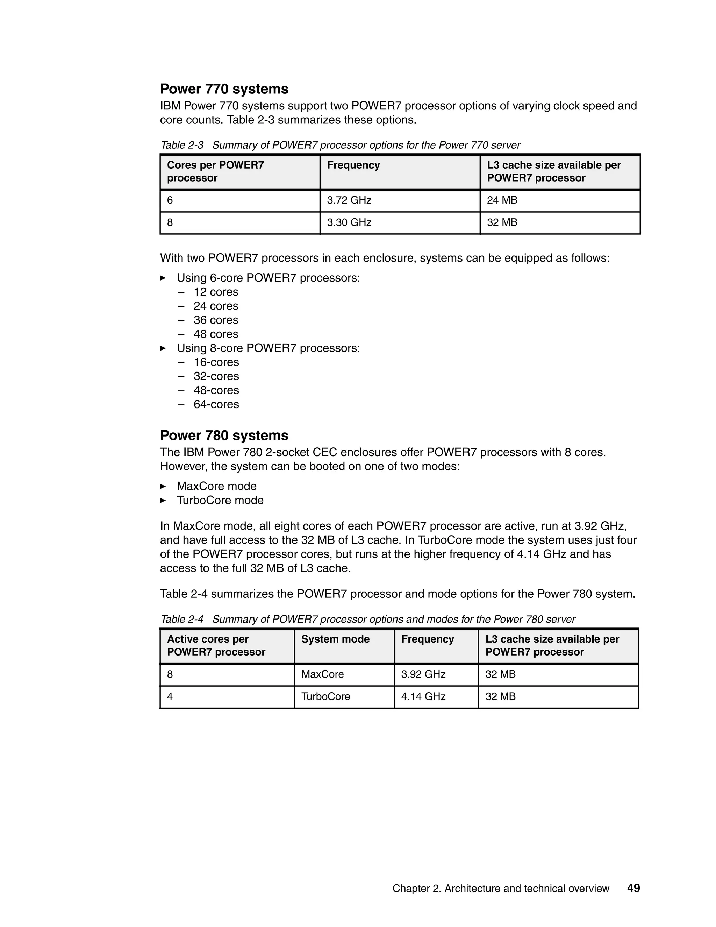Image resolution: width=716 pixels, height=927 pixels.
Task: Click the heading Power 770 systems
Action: click(224, 89)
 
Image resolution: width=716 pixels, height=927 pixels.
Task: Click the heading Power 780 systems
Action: click(224, 436)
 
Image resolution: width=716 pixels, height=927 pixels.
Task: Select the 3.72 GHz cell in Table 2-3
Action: click(349, 200)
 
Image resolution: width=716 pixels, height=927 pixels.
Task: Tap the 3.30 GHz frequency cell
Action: click(349, 222)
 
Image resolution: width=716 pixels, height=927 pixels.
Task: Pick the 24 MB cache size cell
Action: click(502, 200)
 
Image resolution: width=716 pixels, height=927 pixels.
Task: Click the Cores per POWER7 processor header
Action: click(215, 171)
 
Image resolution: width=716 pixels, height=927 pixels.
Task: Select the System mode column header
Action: click(335, 639)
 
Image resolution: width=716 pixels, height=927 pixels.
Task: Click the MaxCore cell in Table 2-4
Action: click(322, 674)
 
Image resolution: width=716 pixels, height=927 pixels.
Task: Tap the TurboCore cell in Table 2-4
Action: click(325, 696)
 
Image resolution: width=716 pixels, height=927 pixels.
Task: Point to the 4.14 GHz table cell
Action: click(423, 696)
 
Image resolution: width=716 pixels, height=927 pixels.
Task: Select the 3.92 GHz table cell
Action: click(423, 674)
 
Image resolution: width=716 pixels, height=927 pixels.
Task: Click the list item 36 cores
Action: click(216, 320)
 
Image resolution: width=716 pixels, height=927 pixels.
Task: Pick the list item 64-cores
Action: click(216, 404)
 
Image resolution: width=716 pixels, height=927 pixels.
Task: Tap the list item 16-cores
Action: click(216, 362)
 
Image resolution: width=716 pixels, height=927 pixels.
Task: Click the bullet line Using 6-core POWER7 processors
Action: click(268, 278)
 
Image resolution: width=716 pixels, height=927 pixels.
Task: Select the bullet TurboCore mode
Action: click(220, 501)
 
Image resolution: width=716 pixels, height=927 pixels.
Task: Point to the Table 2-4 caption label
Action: click(182, 619)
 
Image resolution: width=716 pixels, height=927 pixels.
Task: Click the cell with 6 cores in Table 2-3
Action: click(170, 200)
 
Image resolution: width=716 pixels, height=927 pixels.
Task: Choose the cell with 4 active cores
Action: click(170, 696)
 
